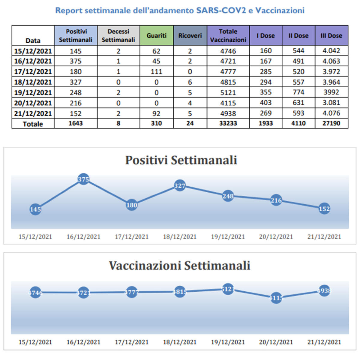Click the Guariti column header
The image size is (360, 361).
click(156, 35)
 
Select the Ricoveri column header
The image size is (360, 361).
click(190, 35)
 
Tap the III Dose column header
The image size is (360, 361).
click(331, 35)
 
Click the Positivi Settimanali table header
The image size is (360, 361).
click(76, 35)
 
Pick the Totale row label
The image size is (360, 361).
click(33, 124)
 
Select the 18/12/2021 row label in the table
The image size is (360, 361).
click(33, 82)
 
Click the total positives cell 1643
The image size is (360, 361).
click(76, 123)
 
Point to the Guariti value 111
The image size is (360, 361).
click(156, 72)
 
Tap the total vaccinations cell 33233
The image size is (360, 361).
click(228, 123)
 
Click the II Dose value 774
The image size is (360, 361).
click(298, 92)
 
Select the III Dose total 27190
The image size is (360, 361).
click(331, 123)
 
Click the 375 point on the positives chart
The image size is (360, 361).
click(83, 179)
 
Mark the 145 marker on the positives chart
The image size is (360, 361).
click(35, 209)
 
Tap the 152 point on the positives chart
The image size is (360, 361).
click(324, 209)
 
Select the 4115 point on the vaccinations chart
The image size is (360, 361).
click(276, 298)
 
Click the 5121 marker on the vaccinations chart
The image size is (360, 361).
click(228, 289)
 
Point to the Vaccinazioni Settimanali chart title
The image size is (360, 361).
click(179, 266)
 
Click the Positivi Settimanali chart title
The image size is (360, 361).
click(181, 160)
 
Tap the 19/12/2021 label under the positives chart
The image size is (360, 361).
click(228, 236)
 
